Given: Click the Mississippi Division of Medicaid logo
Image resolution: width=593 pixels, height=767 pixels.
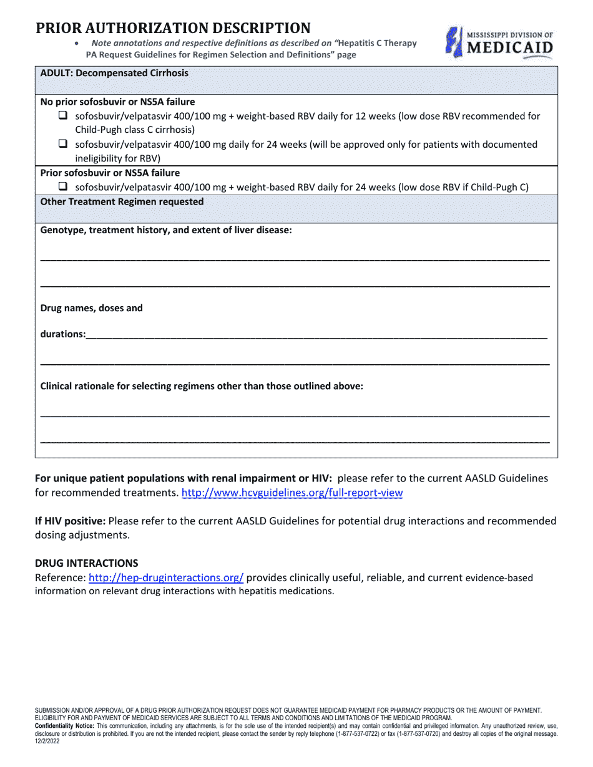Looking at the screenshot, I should [499, 42].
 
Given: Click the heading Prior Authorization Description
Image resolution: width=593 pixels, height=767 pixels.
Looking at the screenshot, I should [173, 28].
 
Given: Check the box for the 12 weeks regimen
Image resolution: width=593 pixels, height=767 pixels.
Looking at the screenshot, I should [63, 115].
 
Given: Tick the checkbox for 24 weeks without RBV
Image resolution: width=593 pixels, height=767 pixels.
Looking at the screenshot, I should [63, 143].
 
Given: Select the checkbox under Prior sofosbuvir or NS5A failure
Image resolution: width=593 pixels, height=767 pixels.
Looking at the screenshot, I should [63, 186].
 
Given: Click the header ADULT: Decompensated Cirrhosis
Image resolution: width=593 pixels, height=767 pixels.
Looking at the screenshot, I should [114, 73].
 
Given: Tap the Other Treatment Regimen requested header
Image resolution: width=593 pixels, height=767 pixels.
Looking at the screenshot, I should [122, 201].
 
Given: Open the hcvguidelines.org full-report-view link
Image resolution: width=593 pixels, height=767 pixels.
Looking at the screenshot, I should [292, 493].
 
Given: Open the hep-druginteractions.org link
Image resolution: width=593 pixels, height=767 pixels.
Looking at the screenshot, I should [166, 577].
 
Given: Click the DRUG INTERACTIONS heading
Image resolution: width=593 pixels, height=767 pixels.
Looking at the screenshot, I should [87, 563].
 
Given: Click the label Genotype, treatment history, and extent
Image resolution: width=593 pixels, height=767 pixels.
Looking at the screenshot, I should [166, 230].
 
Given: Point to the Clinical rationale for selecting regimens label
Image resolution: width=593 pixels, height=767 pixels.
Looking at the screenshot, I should [202, 386].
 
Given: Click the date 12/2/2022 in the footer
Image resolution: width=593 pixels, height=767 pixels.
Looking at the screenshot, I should [48, 741].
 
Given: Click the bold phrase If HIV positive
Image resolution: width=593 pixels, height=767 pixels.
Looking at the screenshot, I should [70, 521].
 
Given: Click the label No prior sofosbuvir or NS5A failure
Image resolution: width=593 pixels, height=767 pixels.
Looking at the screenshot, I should [117, 102].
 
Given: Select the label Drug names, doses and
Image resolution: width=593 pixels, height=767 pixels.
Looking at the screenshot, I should [92, 308].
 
